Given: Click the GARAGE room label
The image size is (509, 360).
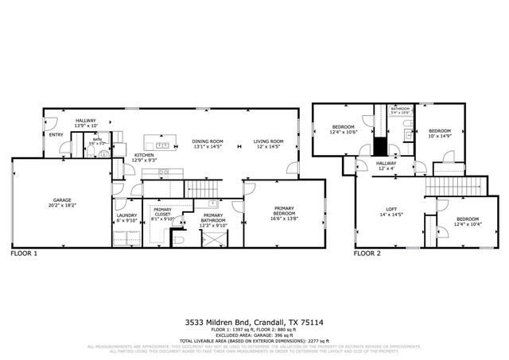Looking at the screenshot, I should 62,199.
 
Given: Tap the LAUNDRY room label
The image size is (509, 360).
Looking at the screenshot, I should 126,215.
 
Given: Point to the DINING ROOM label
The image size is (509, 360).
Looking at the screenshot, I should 208,141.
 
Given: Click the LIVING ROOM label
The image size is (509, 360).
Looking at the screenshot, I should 268,141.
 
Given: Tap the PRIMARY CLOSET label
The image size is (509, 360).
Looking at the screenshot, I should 162,212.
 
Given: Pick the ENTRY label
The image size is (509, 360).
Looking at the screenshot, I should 56,134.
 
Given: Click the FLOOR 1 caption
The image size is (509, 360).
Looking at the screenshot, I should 24,254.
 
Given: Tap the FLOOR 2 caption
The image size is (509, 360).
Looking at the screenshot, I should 367,254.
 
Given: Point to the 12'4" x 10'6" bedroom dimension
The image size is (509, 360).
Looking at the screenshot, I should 343,132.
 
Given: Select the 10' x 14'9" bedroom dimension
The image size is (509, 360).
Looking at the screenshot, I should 439,136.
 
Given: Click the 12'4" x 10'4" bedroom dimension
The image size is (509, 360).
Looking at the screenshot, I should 468,223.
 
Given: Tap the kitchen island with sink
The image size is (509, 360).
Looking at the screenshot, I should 165,145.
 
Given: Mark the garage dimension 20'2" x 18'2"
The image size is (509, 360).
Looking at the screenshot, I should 62,205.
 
